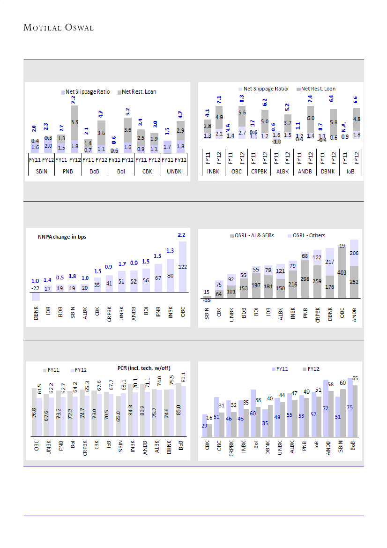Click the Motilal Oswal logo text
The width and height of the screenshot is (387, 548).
[59, 28]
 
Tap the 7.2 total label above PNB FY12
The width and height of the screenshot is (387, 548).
[74, 99]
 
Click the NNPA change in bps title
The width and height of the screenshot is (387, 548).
[62, 237]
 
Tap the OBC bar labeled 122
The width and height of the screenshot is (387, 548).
[183, 266]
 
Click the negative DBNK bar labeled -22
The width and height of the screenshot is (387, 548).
[36, 296]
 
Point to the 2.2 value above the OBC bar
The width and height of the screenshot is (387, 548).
[182, 234]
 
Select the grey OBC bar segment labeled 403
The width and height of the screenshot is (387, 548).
[342, 272]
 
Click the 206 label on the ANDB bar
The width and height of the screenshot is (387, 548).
[354, 253]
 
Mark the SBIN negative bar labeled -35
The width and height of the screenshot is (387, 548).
[207, 300]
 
